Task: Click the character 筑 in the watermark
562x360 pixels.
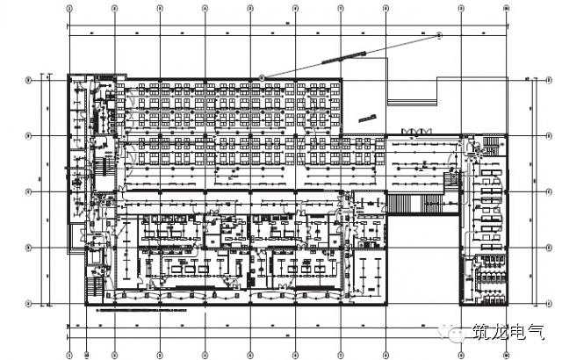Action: tap(482, 334)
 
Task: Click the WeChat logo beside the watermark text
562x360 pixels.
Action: tap(458, 334)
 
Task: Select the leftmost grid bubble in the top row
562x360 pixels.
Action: tap(69, 7)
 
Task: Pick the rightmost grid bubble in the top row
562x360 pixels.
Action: tap(508, 7)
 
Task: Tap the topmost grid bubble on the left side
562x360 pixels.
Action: tap(29, 79)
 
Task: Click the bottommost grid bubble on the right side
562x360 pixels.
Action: tap(537, 304)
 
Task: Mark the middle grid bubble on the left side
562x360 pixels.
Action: tap(29, 191)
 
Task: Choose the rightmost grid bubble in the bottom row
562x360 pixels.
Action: tap(508, 356)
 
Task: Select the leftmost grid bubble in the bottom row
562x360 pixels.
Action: tap(69, 356)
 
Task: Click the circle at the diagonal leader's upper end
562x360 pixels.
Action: tap(440, 35)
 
